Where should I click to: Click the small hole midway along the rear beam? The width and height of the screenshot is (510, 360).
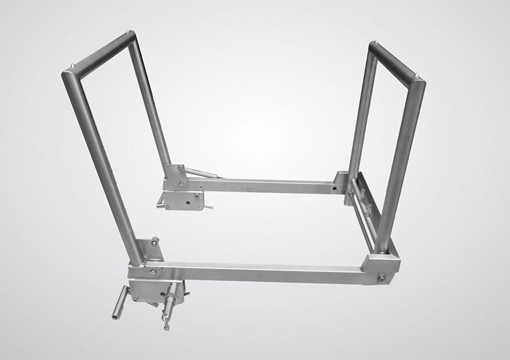248,188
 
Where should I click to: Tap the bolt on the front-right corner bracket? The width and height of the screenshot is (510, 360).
382,278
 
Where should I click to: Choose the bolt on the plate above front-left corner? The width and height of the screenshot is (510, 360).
155,242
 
